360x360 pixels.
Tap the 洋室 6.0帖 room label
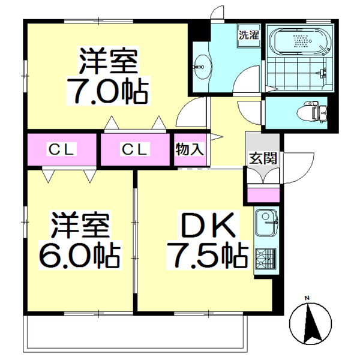(x=79, y=240)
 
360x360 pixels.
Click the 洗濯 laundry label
(x=248, y=34)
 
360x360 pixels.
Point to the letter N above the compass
(x=306, y=298)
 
